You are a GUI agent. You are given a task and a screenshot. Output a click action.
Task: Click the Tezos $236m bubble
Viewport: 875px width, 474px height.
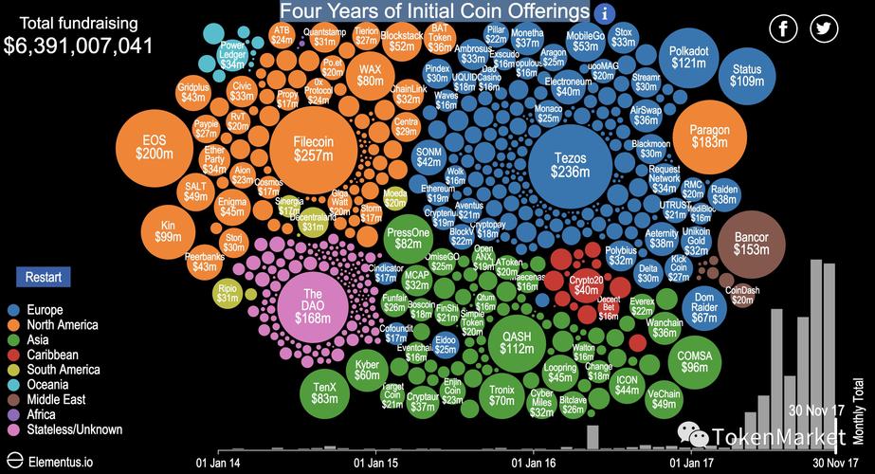[570, 164]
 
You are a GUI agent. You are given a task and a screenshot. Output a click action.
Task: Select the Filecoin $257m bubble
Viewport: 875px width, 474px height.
[313, 149]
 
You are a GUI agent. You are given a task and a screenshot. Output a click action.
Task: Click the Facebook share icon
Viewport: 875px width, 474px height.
[784, 28]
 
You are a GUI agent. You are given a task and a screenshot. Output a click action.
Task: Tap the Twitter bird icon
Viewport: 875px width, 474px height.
[825, 28]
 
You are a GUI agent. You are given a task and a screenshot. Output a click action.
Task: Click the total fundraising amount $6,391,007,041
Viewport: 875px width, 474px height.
[79, 45]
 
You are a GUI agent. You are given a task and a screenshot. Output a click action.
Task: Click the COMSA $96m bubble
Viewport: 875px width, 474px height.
[695, 361]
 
